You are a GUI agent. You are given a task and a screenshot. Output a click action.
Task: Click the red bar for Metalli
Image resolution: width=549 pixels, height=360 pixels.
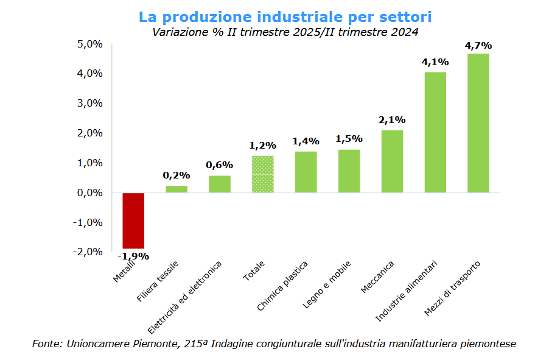(133, 221)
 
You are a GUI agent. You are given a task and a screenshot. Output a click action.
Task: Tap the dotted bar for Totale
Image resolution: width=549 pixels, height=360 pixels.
(263, 174)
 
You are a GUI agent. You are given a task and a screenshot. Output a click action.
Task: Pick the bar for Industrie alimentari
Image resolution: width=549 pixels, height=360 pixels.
(435, 132)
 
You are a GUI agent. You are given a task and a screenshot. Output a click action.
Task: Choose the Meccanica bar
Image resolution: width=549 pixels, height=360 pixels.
(392, 161)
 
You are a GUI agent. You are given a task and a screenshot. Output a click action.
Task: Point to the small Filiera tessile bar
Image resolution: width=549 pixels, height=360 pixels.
(177, 189)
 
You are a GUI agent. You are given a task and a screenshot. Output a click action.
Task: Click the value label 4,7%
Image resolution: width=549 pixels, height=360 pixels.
(478, 45)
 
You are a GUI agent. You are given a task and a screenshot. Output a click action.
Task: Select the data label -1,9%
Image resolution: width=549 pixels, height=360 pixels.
(134, 256)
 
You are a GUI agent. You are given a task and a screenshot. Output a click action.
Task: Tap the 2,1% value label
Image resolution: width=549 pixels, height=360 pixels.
(392, 120)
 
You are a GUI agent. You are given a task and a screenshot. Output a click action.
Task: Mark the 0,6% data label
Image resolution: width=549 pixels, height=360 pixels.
(219, 165)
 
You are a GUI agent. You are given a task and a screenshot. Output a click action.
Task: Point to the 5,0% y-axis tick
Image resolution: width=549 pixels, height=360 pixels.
(89, 44)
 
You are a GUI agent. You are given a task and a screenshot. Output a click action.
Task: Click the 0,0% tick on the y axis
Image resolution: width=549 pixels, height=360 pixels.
(89, 192)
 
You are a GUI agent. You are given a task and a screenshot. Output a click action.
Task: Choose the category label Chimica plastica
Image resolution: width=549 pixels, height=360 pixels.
(282, 287)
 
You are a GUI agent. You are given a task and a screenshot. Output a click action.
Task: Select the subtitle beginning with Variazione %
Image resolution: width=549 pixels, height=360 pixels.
(285, 32)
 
